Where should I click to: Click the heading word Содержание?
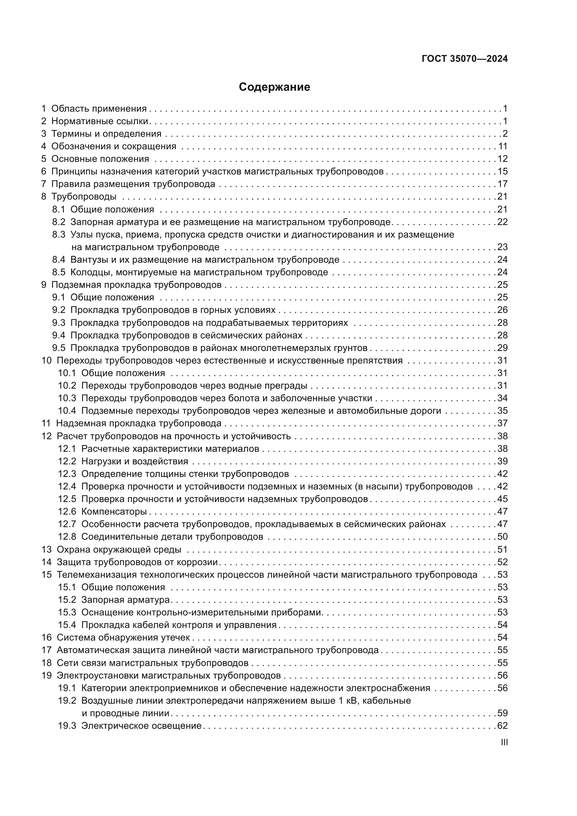[274, 87]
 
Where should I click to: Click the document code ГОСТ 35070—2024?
[465, 59]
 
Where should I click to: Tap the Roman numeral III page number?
[504, 742]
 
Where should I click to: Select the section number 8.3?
[59, 234]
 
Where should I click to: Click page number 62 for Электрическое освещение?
[502, 726]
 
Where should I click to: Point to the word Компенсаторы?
[114, 511]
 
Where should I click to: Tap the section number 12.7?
[67, 524]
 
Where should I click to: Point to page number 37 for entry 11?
[502, 423]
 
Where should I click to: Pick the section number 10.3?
[67, 398]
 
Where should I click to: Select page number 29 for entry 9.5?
[502, 347]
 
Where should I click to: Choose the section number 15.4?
[67, 625]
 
